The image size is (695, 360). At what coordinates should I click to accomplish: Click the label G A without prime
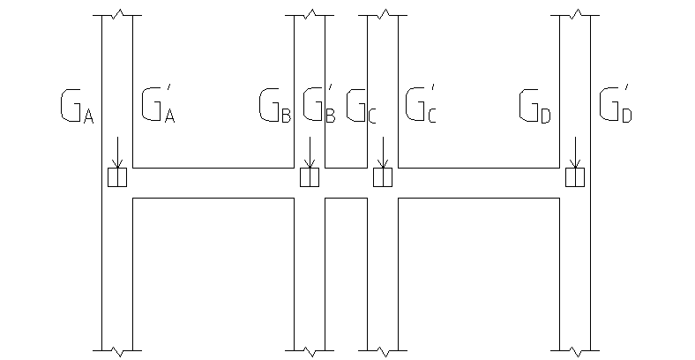(x=77, y=106)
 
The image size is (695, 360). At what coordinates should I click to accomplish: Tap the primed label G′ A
(x=158, y=104)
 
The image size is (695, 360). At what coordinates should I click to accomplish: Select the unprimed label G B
(x=275, y=106)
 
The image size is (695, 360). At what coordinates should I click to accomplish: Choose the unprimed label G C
(x=361, y=106)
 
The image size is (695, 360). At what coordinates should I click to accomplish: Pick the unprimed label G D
(x=535, y=106)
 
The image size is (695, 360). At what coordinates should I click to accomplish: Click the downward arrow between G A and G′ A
(x=117, y=153)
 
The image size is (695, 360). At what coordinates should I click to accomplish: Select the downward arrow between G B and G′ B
(x=310, y=153)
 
